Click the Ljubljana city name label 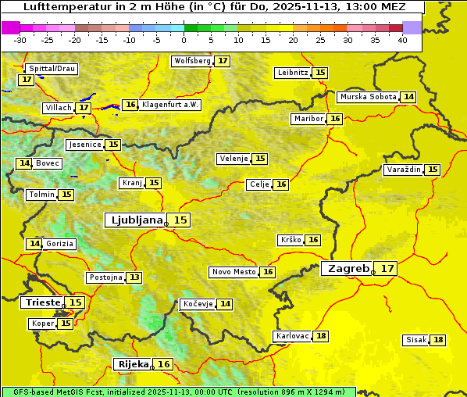pos(134,220)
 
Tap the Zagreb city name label pos(348,269)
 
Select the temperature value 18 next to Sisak pos(438,340)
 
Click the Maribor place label pos(307,119)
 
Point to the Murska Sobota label pos(367,97)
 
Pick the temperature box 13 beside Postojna pos(134,277)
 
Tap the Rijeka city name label pos(133,364)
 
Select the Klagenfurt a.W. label pos(170,105)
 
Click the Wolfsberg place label pos(192,61)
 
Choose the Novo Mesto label pos(233,272)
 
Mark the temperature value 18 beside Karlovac pos(321,336)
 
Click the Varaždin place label pos(403,170)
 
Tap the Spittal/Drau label pos(52,69)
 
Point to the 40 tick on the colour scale pos(402,39)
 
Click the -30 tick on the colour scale pos(20,39)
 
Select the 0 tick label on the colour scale pos(184,39)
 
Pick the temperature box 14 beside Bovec pos(23,163)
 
